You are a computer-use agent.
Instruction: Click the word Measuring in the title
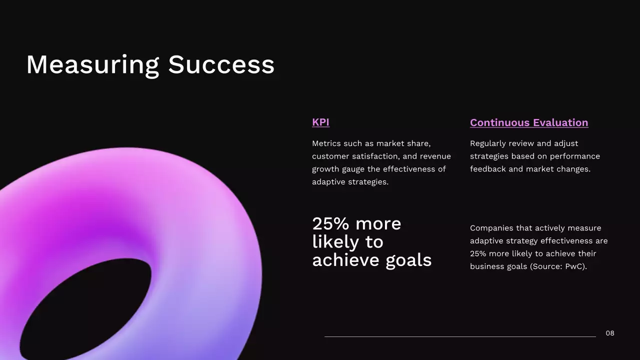[x=92, y=65]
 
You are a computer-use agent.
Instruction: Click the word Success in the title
[x=221, y=65]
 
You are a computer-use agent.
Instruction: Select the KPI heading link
[x=320, y=122]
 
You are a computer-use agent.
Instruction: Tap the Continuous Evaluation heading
[x=529, y=122]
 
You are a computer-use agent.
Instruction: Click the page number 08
[x=610, y=333]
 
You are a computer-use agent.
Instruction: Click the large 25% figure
[x=330, y=223]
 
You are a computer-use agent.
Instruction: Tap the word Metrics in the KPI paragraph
[x=326, y=143]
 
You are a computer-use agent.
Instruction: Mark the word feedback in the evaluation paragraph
[x=488, y=169]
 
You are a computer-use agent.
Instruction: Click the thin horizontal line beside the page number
[x=460, y=336]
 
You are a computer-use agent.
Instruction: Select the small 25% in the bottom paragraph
[x=478, y=253]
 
